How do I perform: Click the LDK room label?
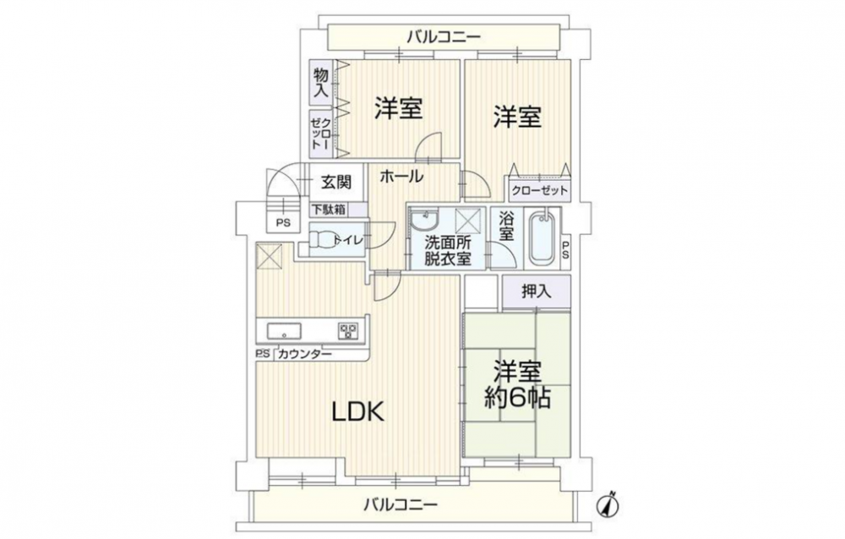(x=357, y=412)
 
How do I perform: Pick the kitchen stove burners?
(x=348, y=330)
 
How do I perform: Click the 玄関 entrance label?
(x=336, y=182)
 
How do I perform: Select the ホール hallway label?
(x=401, y=176)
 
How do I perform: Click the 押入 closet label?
(x=537, y=291)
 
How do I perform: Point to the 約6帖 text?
(x=517, y=398)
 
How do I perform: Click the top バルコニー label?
(x=444, y=37)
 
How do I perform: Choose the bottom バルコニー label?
(x=400, y=505)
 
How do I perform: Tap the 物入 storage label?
(x=321, y=83)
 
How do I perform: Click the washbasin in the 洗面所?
(x=423, y=220)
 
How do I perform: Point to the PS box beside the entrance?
(x=283, y=222)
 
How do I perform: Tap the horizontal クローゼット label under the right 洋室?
(x=539, y=190)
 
